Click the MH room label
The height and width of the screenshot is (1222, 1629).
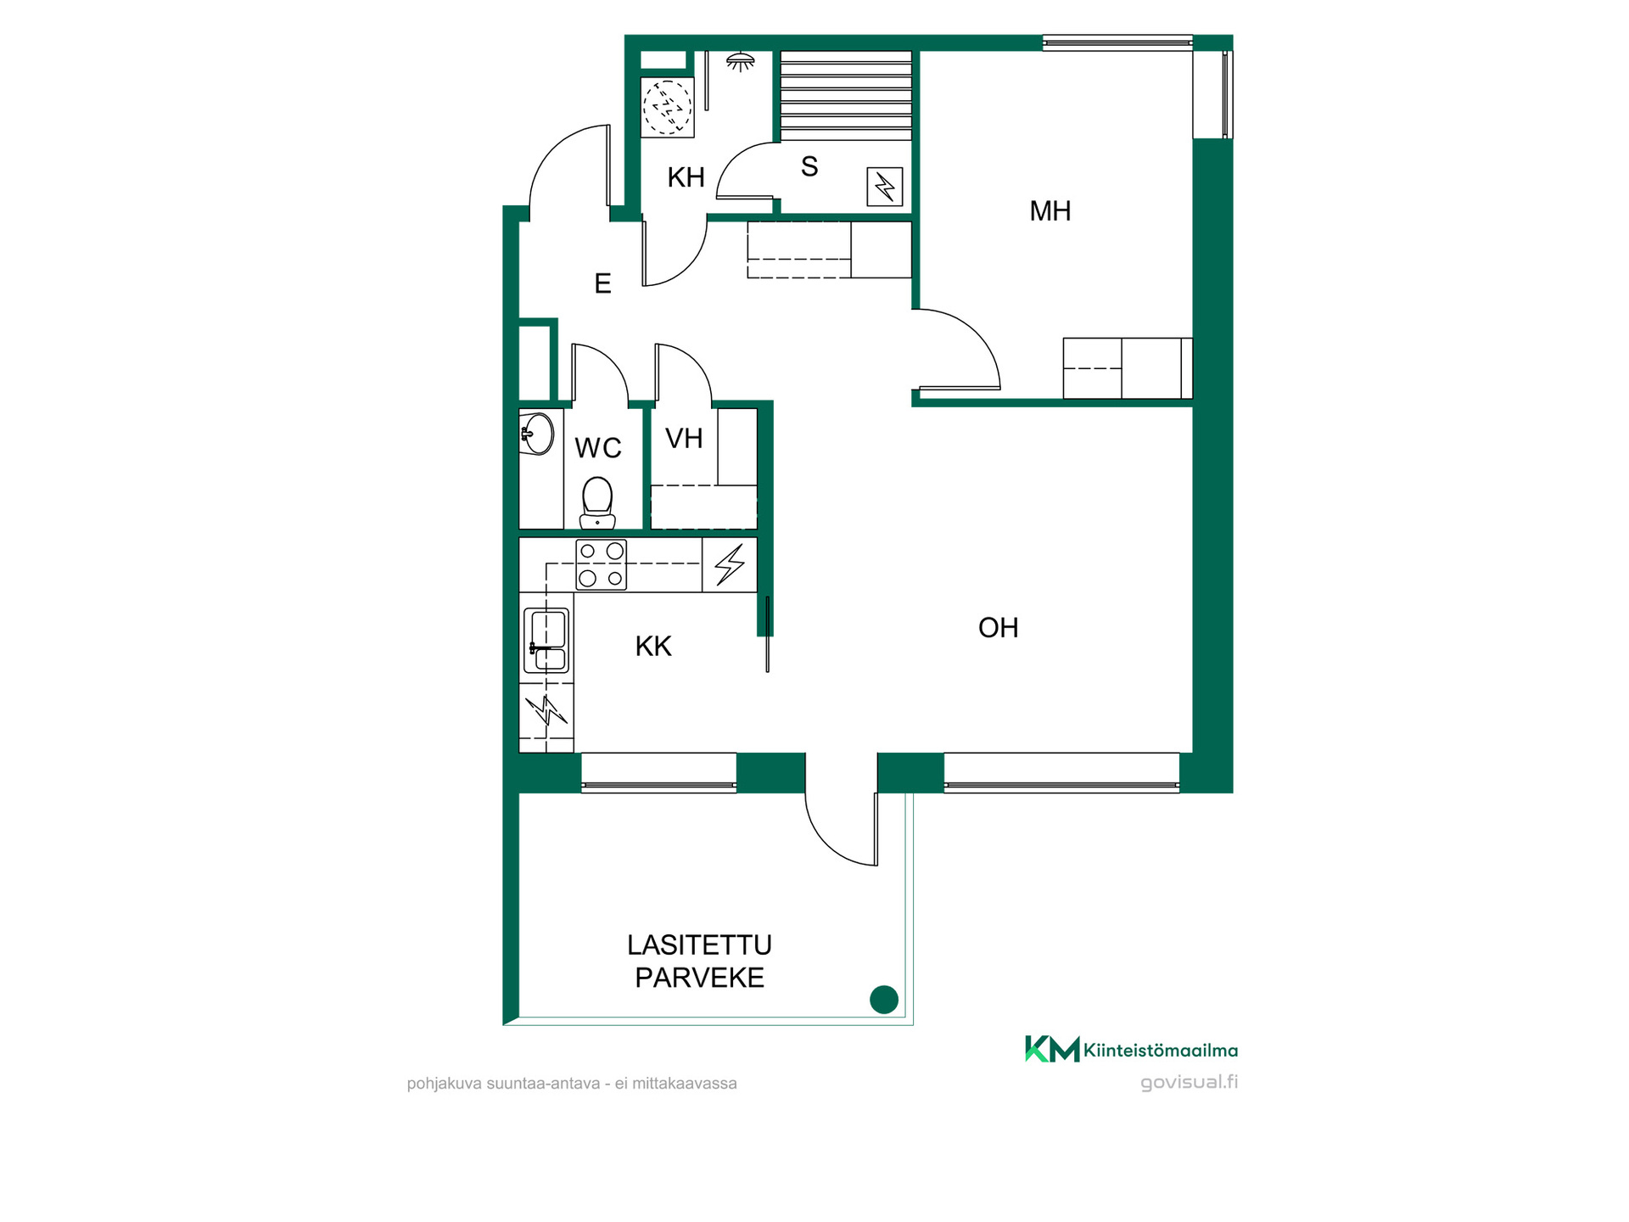[1050, 210]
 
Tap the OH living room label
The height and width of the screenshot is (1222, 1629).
[998, 628]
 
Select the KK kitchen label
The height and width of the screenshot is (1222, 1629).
[653, 647]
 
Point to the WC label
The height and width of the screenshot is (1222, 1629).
[598, 448]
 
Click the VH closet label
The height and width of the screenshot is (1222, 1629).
[684, 439]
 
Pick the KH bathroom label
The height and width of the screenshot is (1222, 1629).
[686, 177]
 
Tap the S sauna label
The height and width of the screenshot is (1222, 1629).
[809, 166]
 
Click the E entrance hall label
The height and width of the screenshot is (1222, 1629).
[602, 283]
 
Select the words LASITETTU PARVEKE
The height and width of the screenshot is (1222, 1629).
[700, 961]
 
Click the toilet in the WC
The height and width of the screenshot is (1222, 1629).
[597, 502]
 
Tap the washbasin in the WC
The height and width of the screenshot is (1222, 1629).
[536, 434]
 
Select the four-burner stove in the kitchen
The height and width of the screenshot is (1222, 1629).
[602, 564]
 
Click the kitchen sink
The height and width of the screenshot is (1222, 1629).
[546, 641]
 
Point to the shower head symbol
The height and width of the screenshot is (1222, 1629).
[741, 61]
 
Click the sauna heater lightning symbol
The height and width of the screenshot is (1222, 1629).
[884, 187]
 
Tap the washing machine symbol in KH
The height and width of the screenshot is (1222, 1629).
[668, 108]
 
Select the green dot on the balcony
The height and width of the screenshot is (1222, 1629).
[884, 1000]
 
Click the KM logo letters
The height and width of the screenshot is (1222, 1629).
[1052, 1050]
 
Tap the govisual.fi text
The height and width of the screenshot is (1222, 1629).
[1189, 1082]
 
